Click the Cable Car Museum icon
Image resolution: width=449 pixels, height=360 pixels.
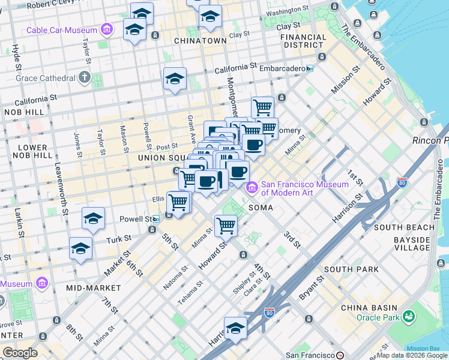click(x=106, y=29)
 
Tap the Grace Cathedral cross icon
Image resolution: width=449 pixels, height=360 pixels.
click(x=85, y=78)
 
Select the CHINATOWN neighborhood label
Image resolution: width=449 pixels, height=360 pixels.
click(x=200, y=41)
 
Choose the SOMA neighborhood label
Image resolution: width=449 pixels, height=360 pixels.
click(x=261, y=208)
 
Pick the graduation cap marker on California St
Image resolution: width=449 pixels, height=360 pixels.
click(x=175, y=79)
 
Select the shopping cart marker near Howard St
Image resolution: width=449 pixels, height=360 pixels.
click(x=226, y=227)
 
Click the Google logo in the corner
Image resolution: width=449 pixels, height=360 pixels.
click(x=19, y=353)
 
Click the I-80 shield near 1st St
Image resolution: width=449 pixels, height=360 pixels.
click(x=402, y=181)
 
